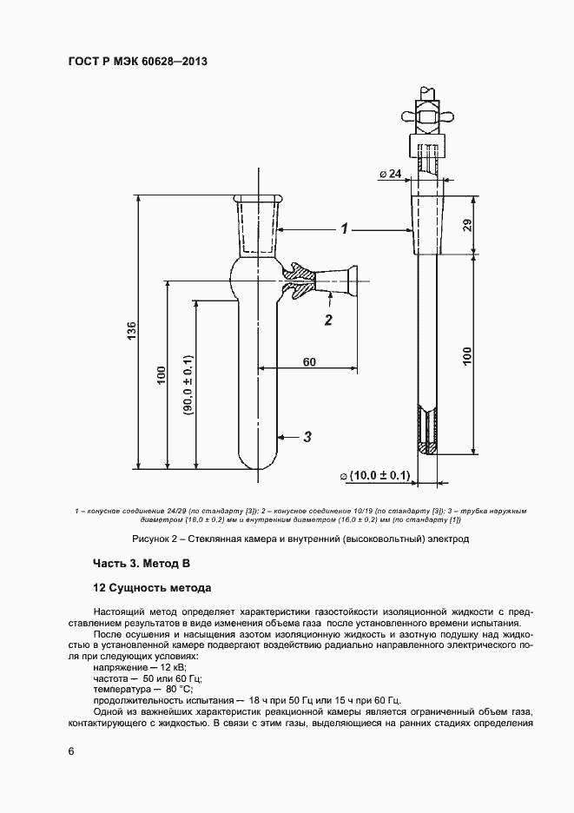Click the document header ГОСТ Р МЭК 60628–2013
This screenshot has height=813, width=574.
coord(137,62)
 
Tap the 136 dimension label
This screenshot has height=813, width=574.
coord(131,331)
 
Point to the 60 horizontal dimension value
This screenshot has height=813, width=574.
coord(308,361)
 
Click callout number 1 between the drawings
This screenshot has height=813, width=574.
coord(345,229)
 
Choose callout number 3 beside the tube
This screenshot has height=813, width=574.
coord(307,437)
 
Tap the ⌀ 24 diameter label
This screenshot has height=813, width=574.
coord(391,174)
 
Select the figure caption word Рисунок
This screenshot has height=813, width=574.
coord(153,539)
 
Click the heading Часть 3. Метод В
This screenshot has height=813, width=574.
coord(141,564)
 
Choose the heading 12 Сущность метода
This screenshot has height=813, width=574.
coord(152,587)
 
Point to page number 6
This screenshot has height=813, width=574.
coord(71,750)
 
